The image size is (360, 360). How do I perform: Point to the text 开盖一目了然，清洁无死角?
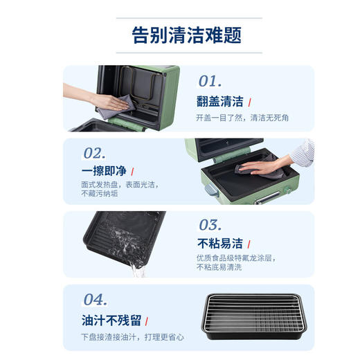[243, 118]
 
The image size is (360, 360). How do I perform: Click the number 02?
[94, 153]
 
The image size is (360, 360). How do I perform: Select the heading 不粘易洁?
[220, 243]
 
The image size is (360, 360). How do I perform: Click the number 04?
[94, 299]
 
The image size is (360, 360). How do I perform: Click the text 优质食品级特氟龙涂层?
[235, 258]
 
